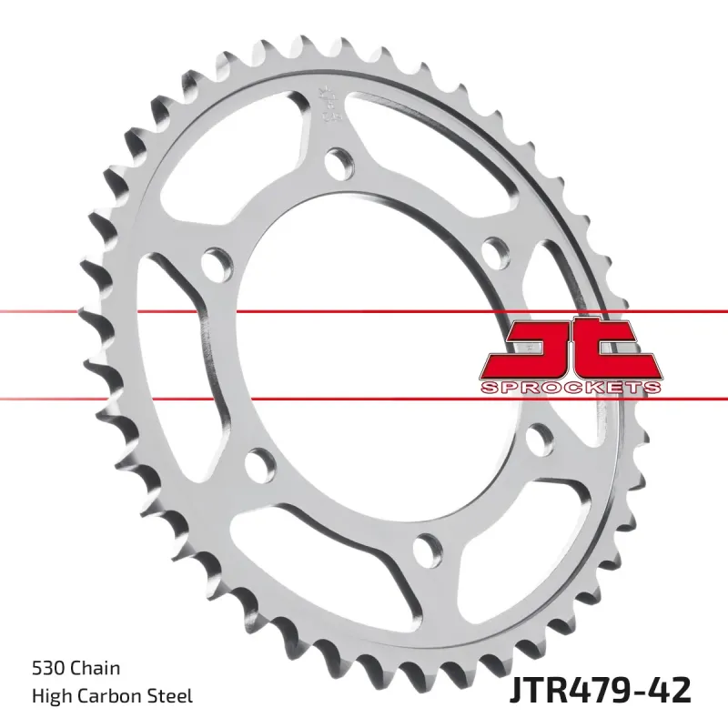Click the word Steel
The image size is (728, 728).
pyautogui.click(x=170, y=696)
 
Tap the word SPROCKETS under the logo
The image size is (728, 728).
pyautogui.click(x=571, y=387)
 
